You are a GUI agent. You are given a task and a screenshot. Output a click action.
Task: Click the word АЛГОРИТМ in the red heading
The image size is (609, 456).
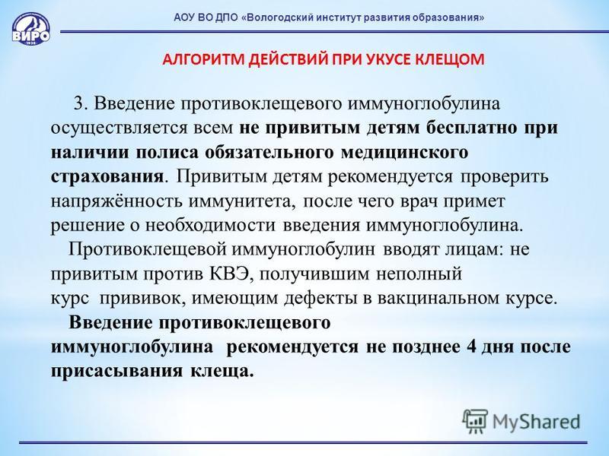(203, 59)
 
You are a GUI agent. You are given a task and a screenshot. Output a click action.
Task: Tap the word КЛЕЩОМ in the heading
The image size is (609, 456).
(450, 59)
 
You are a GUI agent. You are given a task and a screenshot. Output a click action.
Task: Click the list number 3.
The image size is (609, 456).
(79, 104)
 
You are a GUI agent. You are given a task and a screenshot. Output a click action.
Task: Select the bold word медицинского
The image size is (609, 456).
(404, 153)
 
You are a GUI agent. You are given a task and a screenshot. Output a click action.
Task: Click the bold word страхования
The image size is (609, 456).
(107, 176)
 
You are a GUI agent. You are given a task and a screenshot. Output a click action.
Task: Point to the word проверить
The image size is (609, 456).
(504, 177)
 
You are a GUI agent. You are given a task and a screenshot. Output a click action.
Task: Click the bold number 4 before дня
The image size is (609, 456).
(471, 346)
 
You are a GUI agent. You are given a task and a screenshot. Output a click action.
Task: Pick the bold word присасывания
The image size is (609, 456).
(116, 371)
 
